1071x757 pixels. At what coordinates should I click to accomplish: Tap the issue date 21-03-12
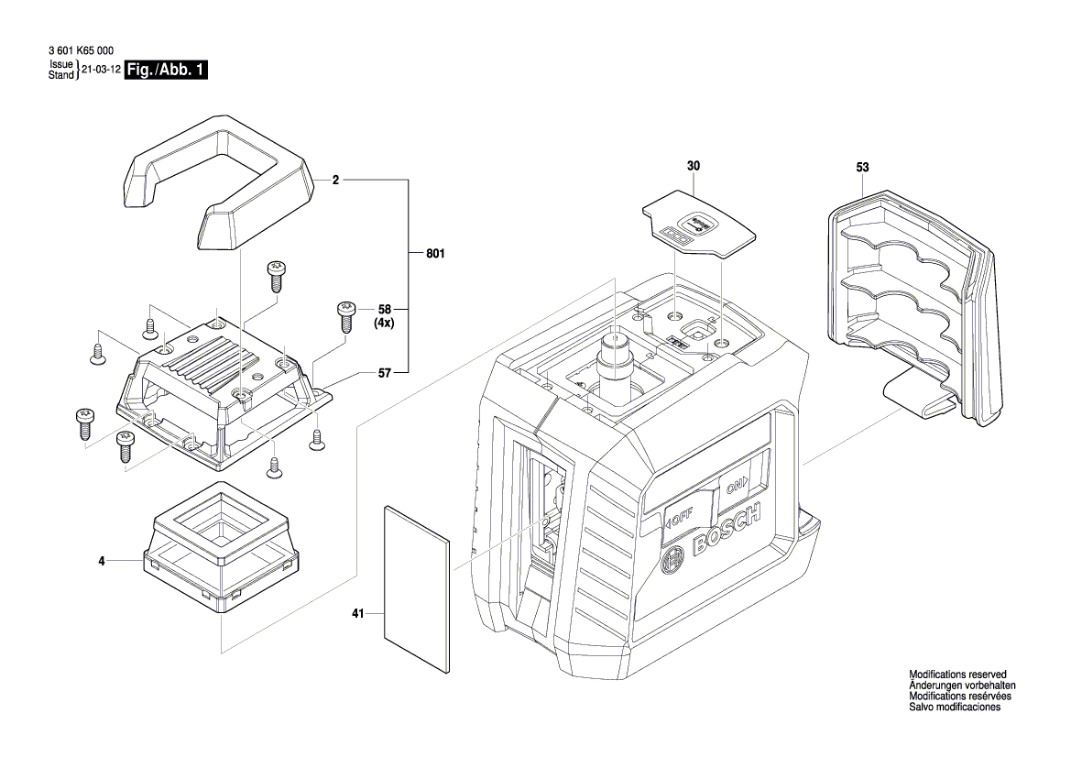[x=102, y=71]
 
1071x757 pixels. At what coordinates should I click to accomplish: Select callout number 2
[x=336, y=181]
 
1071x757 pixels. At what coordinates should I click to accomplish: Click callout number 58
[x=384, y=310]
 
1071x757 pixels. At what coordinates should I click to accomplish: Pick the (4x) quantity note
[x=384, y=324]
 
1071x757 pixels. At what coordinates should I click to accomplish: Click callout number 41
[x=359, y=614]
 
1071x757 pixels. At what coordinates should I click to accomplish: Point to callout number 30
[x=693, y=166]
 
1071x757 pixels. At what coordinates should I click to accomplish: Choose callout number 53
[x=862, y=168]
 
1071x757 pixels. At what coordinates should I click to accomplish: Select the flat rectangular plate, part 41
[x=418, y=587]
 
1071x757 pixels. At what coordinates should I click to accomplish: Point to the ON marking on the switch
[x=737, y=484]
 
